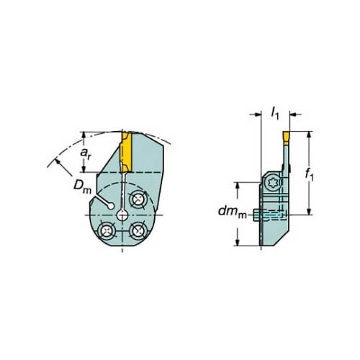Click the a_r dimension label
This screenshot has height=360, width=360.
pyautogui.click(x=86, y=153)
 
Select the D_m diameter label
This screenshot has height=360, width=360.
pyautogui.click(x=82, y=187)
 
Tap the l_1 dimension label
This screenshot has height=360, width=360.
pyautogui.click(x=275, y=113)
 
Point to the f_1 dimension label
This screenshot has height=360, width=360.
pyautogui.click(x=309, y=174)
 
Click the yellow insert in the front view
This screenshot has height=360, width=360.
pyautogui.click(x=126, y=152)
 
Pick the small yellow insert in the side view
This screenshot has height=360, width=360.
pyautogui.click(x=286, y=138)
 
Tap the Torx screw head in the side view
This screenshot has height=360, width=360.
pyautogui.click(x=272, y=184)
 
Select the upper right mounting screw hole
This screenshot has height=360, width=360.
pyautogui.click(x=137, y=199)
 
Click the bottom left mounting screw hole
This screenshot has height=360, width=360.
pyautogui.click(x=107, y=231)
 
